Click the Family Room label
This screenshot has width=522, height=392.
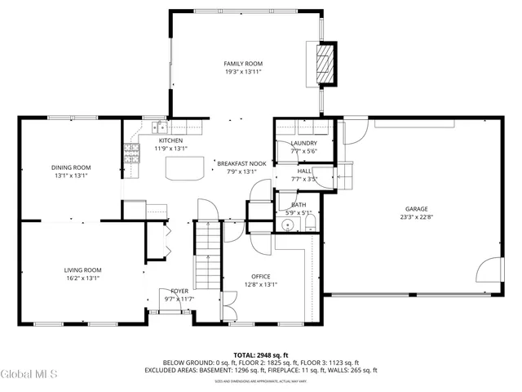243,64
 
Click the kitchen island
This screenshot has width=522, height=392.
184,167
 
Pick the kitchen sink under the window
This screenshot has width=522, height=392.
158,127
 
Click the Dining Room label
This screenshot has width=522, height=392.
70,167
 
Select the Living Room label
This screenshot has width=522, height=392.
82,269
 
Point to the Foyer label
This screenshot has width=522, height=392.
179,292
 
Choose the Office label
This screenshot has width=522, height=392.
261,276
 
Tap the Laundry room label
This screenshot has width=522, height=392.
303,143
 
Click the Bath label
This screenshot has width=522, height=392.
299,205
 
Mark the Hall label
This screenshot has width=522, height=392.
303,171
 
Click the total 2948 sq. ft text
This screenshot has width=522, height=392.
260,354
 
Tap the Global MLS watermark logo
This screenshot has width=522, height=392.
29,374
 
